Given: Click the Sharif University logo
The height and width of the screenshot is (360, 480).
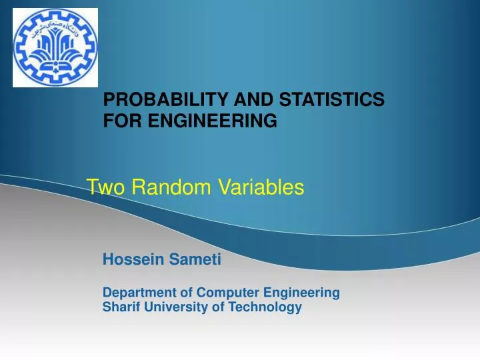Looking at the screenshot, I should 55,47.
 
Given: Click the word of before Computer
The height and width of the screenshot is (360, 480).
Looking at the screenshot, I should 177,293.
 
